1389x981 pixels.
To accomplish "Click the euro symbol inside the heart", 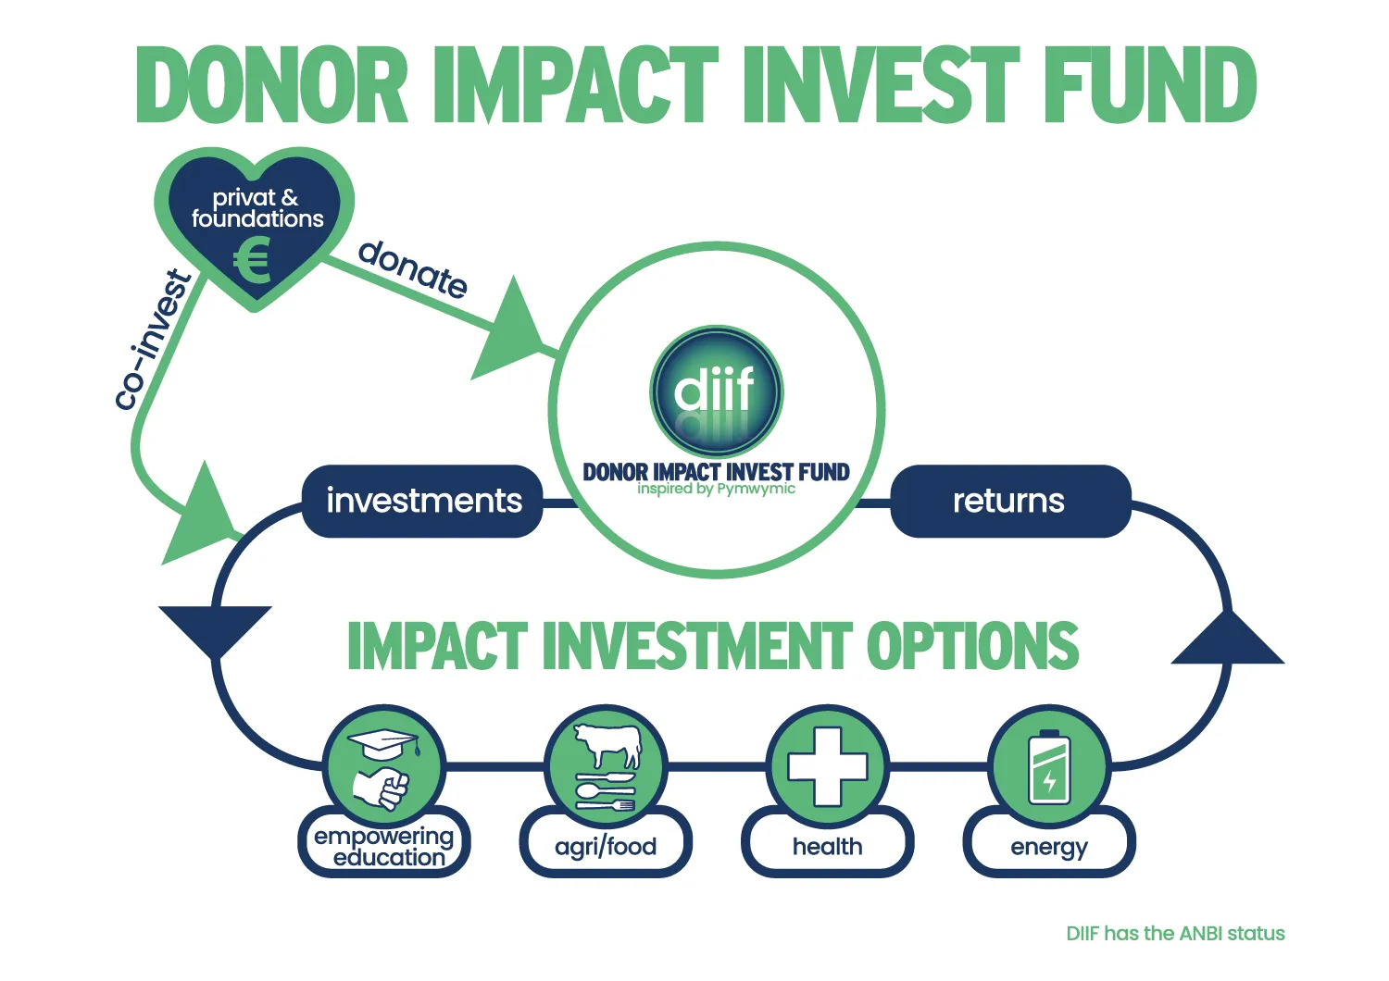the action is point(253,262).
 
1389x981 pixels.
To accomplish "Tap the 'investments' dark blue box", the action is point(422,501).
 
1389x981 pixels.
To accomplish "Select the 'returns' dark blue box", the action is point(1010,501).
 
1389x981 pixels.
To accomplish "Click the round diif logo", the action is point(716,391).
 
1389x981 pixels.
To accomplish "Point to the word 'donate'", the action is point(413,269).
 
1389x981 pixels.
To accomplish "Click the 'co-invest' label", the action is point(153,341).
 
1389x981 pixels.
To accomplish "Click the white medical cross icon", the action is point(827,766).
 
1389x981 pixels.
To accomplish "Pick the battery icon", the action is point(1049,766).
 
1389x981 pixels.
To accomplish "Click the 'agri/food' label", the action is point(606,847).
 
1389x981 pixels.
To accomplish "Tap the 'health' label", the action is point(827,846).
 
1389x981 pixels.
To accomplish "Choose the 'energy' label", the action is point(1049,848).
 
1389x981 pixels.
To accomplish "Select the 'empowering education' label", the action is point(384,847).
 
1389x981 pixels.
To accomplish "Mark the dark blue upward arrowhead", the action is point(1227,638).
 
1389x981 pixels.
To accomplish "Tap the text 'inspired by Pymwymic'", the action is point(716,489).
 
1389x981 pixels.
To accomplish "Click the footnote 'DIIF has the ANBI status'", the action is point(1175,933).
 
